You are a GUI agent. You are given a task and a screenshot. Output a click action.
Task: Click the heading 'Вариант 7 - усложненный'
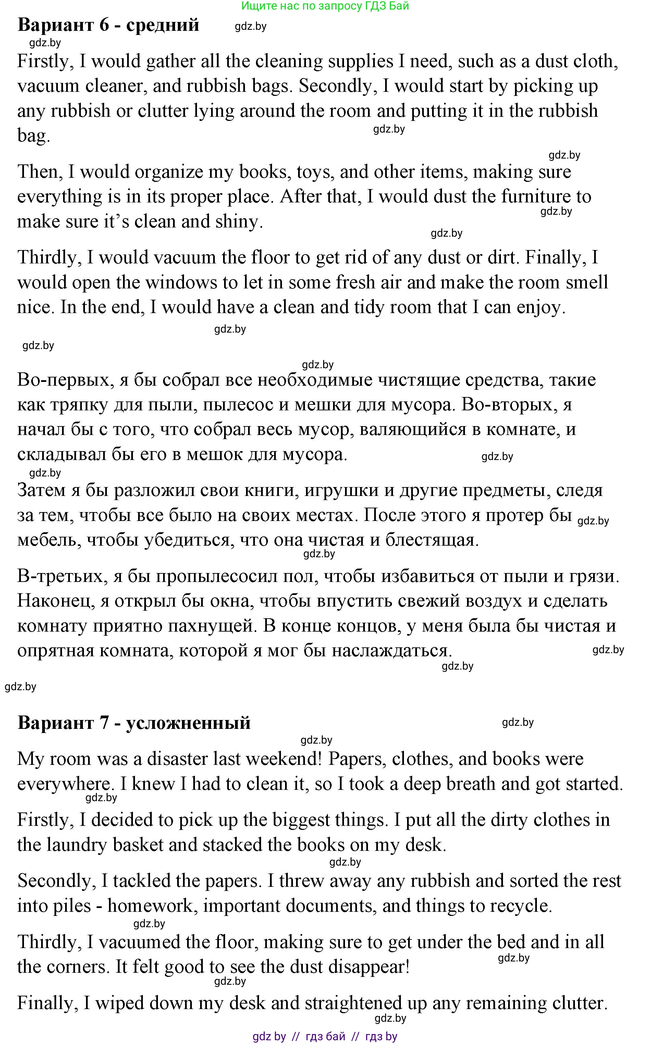click(134, 722)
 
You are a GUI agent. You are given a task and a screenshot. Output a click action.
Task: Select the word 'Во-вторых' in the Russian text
click(509, 405)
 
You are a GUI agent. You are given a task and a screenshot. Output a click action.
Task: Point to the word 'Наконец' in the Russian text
click(54, 601)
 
